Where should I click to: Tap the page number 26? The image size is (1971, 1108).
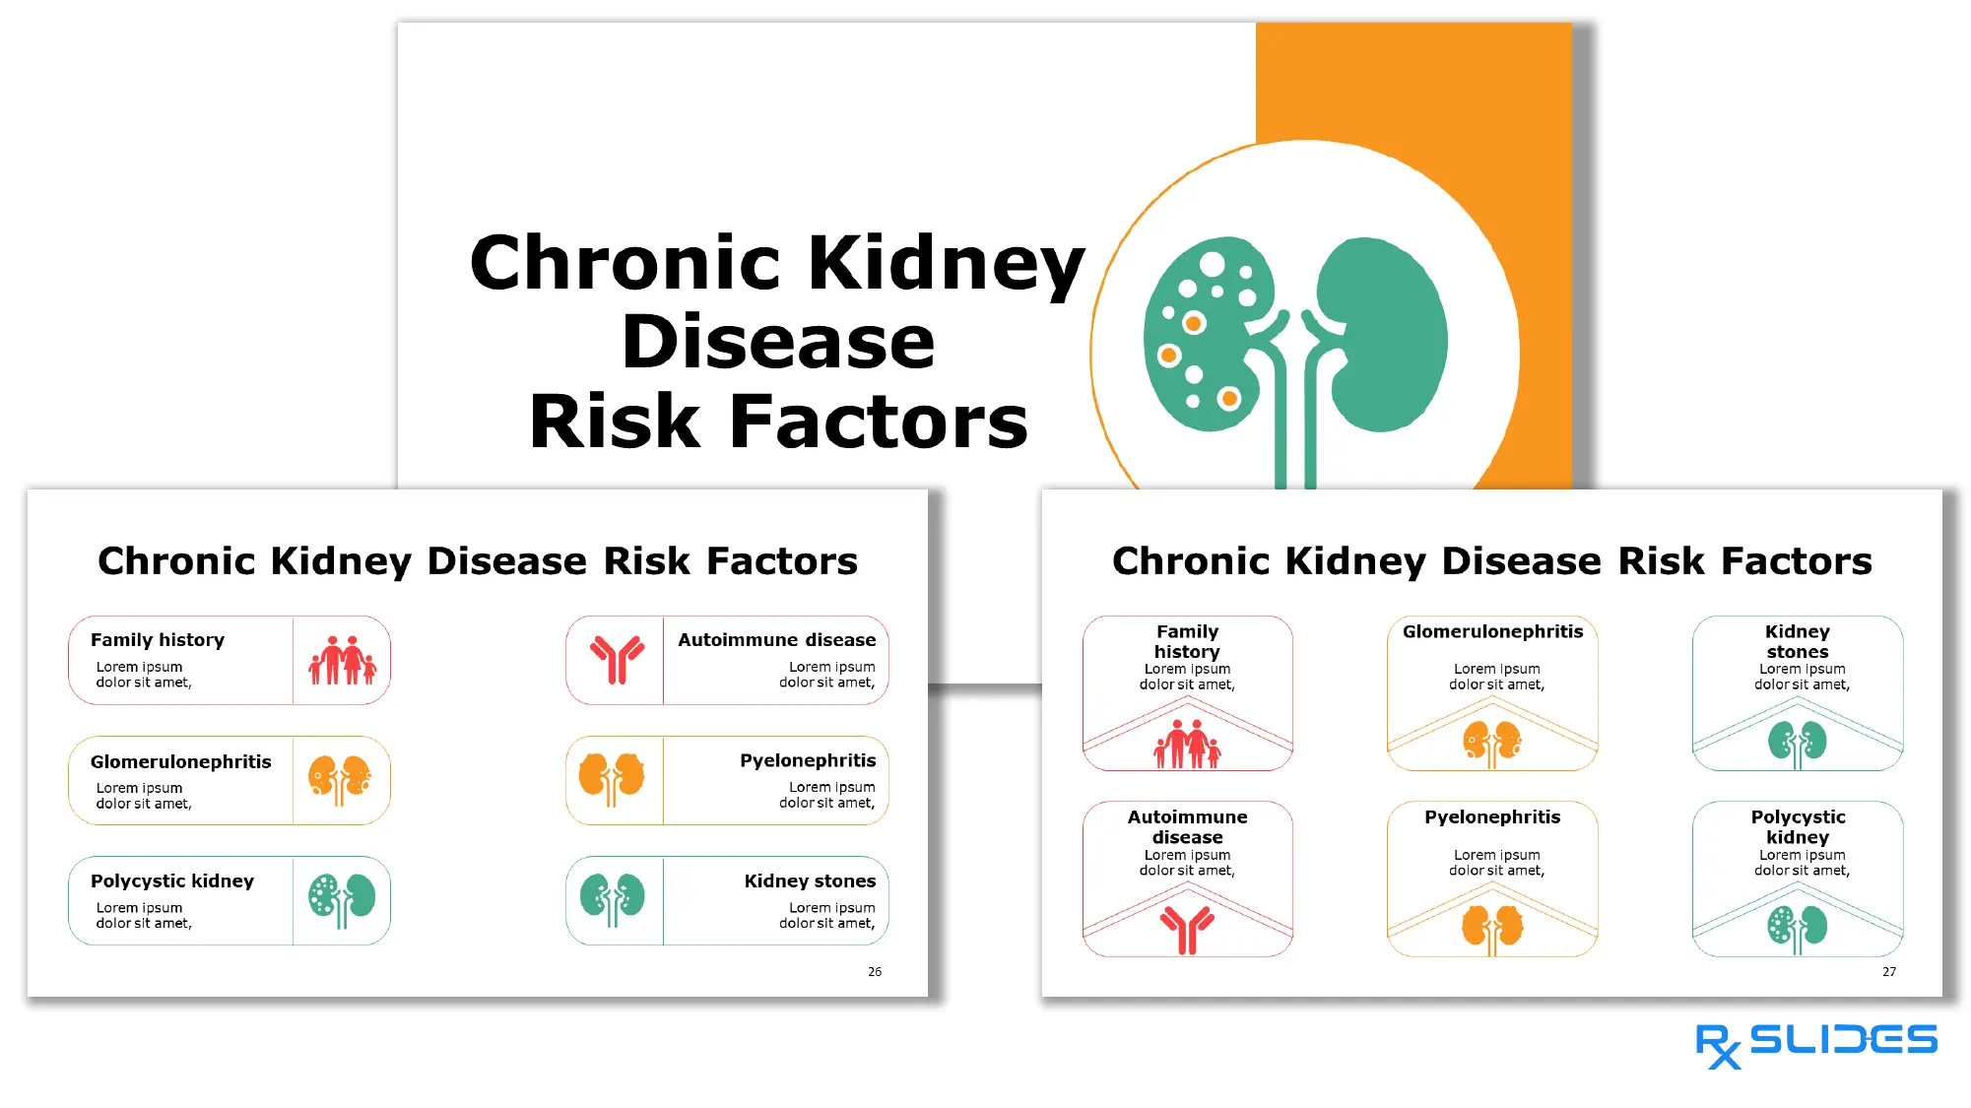click(x=875, y=972)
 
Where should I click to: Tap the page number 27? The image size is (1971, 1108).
click(x=1889, y=972)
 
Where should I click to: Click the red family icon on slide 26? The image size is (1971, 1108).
click(x=342, y=661)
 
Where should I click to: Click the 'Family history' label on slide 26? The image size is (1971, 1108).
click(x=158, y=640)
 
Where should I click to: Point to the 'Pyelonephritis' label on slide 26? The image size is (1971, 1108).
click(x=808, y=760)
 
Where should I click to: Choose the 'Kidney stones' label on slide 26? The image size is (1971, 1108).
click(x=810, y=880)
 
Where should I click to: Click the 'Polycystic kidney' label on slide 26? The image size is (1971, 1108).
click(x=172, y=880)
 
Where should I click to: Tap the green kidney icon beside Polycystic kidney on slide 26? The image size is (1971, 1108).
click(x=342, y=899)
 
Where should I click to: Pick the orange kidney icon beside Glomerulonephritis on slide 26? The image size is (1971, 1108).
click(x=340, y=780)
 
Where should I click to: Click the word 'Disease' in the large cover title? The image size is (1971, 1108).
click(x=778, y=342)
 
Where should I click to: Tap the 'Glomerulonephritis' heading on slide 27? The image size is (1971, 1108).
click(x=1492, y=631)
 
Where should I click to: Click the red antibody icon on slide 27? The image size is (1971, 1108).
click(x=1187, y=929)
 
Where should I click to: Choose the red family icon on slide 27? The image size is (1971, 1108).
click(x=1187, y=744)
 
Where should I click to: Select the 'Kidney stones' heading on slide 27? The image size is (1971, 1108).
click(x=1798, y=641)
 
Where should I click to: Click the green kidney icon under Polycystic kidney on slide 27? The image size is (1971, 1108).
click(x=1798, y=928)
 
